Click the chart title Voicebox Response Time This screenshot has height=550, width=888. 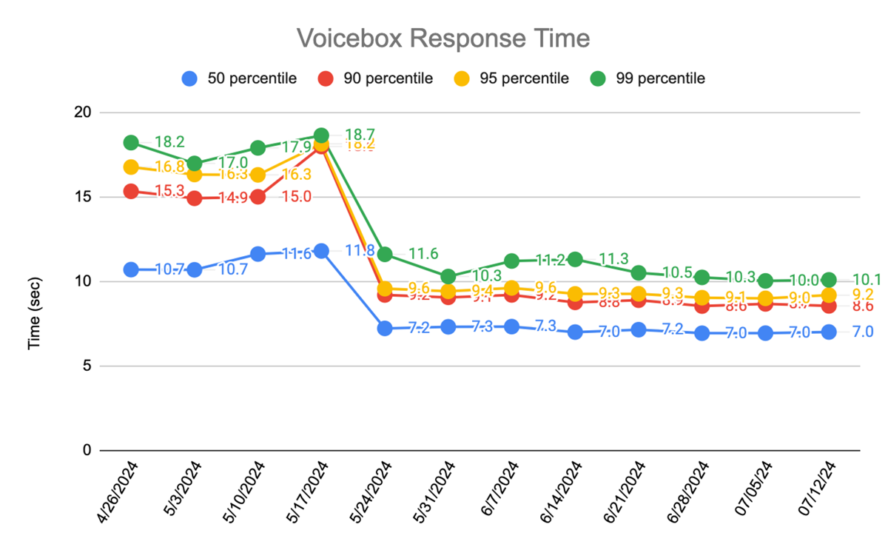coord(443,38)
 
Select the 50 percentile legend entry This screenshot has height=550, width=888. coord(240,78)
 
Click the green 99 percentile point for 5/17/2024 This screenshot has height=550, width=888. coord(321,135)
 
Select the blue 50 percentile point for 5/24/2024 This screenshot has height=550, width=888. coord(385,329)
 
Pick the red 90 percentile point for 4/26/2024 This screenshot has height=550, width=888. coord(131,191)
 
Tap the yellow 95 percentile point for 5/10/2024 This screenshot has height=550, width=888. coord(258,175)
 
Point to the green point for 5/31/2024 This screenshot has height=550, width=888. coord(448,277)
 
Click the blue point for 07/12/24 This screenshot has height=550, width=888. coord(829,332)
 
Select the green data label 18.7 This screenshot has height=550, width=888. coord(360,135)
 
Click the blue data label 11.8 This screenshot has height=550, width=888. coord(360,250)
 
